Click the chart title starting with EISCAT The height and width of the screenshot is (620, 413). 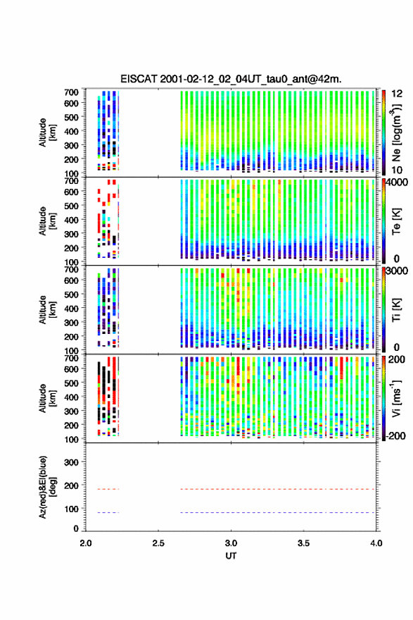(231, 79)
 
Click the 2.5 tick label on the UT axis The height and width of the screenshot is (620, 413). (158, 543)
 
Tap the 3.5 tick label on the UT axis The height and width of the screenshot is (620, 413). (303, 543)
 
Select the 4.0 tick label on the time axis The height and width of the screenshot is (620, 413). (376, 543)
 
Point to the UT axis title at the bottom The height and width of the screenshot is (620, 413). (231, 556)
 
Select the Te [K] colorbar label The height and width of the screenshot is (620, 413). (396, 221)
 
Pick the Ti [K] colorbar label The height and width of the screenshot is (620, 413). (396, 310)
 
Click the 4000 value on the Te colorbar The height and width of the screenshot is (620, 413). (398, 182)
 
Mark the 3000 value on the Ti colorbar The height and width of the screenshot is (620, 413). (398, 271)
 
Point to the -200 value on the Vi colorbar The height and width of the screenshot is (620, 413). (395, 435)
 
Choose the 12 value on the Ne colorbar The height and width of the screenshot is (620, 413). (398, 94)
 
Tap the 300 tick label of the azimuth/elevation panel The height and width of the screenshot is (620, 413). (71, 462)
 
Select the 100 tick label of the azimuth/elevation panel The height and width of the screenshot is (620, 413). (71, 509)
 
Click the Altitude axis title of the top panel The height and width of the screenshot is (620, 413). (47, 132)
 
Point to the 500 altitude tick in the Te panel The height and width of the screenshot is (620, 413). (71, 206)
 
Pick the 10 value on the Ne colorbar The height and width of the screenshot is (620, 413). (398, 170)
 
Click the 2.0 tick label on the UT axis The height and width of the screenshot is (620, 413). (86, 543)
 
